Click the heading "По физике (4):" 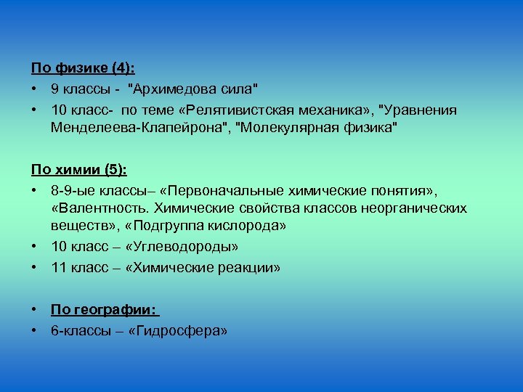(x=84, y=68)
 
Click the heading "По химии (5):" (x=79, y=170)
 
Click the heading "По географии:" (x=103, y=310)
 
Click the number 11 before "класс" (x=58, y=267)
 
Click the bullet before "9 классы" (x=34, y=89)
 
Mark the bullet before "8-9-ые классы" (x=34, y=190)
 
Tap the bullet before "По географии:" (x=34, y=311)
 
